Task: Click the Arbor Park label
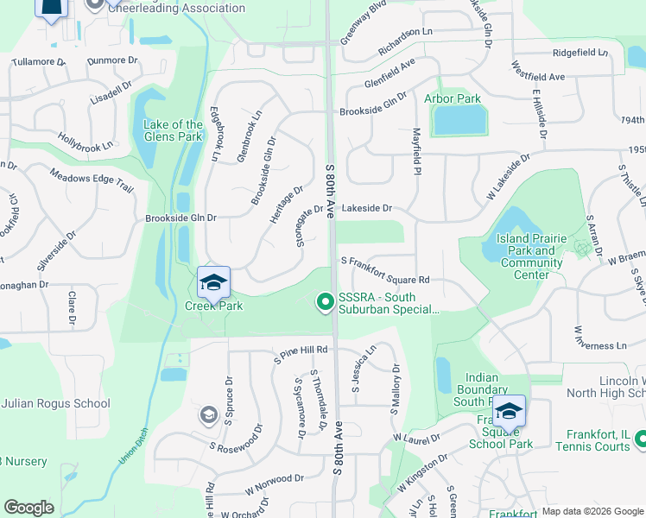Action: tap(453, 98)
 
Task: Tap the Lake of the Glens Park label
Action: tap(173, 131)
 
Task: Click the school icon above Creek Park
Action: tap(213, 281)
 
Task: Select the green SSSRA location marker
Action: tap(326, 301)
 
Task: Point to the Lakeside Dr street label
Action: tap(367, 208)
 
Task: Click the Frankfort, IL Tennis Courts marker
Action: tap(640, 439)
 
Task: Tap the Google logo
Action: tap(28, 508)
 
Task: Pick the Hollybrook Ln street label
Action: tap(85, 142)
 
